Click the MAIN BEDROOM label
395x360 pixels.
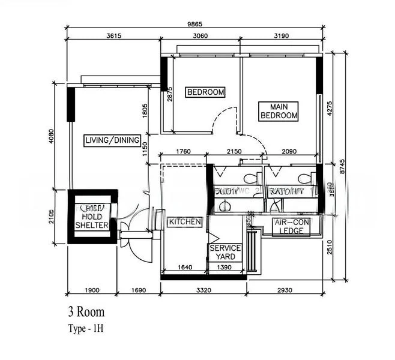[x=279, y=111]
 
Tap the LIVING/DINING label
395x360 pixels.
[x=112, y=141]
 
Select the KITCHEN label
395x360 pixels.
[x=185, y=222]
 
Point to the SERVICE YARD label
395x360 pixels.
[x=225, y=252]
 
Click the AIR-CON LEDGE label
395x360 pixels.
[x=292, y=227]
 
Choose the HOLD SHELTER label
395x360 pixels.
[x=92, y=221]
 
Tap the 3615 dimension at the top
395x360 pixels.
[x=113, y=36]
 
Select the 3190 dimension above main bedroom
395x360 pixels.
[x=280, y=36]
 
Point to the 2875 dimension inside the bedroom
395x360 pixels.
[x=170, y=97]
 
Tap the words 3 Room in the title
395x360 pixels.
[x=86, y=312]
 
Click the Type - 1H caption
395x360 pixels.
[x=86, y=328]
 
